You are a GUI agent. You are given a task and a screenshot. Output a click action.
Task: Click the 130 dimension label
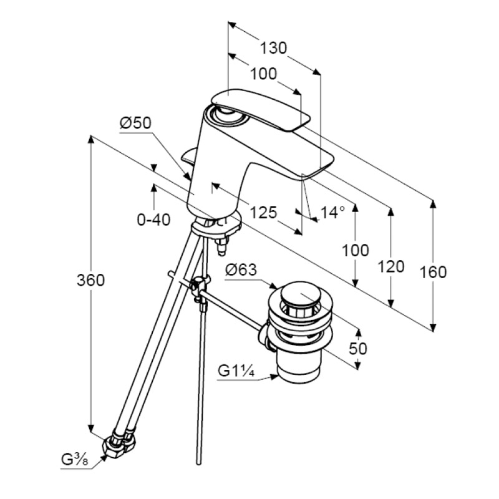273,47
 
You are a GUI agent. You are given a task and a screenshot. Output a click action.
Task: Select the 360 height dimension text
91,281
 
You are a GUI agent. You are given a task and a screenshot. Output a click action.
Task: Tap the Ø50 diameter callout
135,124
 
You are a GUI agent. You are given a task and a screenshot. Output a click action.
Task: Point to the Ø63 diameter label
241,270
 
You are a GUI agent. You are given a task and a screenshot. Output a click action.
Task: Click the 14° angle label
332,213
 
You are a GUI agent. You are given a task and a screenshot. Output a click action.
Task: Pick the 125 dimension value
263,213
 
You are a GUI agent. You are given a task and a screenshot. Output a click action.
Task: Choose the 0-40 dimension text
153,220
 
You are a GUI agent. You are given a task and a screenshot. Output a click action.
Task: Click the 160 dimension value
433,272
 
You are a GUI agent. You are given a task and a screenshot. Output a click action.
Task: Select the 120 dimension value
391,267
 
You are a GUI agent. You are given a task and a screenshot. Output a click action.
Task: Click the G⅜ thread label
74,462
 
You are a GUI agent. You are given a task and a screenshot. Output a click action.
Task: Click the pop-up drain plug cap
301,295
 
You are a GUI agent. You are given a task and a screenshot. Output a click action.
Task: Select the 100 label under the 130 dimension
264,74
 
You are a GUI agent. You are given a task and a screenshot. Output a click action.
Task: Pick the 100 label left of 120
355,251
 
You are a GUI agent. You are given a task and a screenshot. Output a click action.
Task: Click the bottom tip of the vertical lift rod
198,462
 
